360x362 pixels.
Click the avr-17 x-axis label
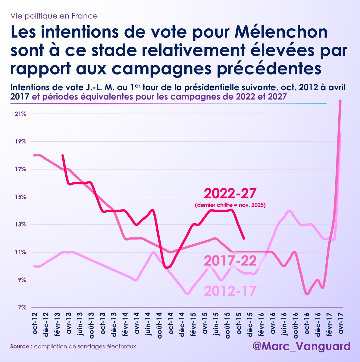coord(341,323)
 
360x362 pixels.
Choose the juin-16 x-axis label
coord(284,323)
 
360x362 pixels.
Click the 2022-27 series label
coord(230,193)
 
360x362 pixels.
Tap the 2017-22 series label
coord(230,261)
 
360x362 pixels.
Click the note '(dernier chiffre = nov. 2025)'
coord(230,206)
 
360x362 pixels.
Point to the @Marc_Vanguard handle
coord(302,346)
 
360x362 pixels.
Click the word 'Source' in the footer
coord(21,346)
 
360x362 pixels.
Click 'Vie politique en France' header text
coord(54,16)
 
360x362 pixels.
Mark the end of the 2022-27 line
coord(244,239)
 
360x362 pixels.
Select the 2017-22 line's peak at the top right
coord(340,101)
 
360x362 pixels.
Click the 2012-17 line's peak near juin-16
coord(290,211)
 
